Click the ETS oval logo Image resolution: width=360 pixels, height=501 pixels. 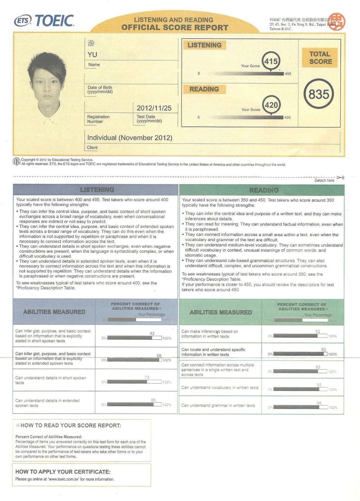(23, 21)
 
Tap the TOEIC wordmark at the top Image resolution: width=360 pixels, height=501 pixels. (54, 21)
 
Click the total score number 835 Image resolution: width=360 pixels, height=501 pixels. (319, 94)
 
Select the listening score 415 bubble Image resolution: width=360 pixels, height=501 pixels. (271, 61)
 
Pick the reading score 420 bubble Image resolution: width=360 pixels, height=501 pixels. (271, 105)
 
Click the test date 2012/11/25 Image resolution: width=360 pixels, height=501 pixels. (154, 108)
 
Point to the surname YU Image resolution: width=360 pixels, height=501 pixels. (92, 54)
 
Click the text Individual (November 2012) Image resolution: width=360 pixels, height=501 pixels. (130, 137)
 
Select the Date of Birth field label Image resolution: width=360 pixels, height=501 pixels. (100, 90)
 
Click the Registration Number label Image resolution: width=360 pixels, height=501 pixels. (98, 119)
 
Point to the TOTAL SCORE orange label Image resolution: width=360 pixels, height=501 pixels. (320, 58)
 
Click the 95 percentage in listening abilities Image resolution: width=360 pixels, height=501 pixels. (159, 356)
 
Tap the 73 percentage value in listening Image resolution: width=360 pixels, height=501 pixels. (147, 377)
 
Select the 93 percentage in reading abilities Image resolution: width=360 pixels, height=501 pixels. (323, 349)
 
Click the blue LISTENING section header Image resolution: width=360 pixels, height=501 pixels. (97, 190)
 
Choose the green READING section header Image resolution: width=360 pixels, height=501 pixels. (264, 190)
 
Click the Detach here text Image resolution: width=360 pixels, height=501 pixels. (324, 180)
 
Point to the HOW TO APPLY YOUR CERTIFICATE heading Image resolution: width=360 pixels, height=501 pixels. (63, 471)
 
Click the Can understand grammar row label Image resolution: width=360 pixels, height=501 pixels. (218, 405)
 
